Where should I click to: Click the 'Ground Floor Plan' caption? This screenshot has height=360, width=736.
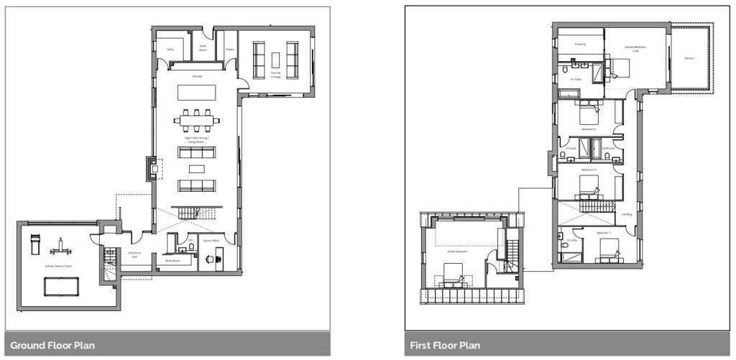tap(52, 346)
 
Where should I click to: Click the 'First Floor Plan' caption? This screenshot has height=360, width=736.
tap(445, 346)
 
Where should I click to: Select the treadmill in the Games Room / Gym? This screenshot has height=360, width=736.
tap(33, 246)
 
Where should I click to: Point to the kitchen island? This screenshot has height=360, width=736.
tap(196, 91)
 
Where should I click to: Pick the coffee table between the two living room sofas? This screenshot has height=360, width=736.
tap(196, 169)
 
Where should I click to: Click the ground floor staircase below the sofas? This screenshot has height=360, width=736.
tap(191, 213)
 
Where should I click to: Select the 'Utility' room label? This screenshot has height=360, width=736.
tap(170, 49)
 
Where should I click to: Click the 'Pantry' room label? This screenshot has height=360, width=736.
tap(230, 49)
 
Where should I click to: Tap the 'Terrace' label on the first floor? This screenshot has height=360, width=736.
tap(689, 57)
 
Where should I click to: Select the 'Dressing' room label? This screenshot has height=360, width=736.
tap(580, 44)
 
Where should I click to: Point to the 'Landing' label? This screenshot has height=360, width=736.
tap(627, 213)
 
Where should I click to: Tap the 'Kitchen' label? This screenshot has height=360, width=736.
tap(196, 76)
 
